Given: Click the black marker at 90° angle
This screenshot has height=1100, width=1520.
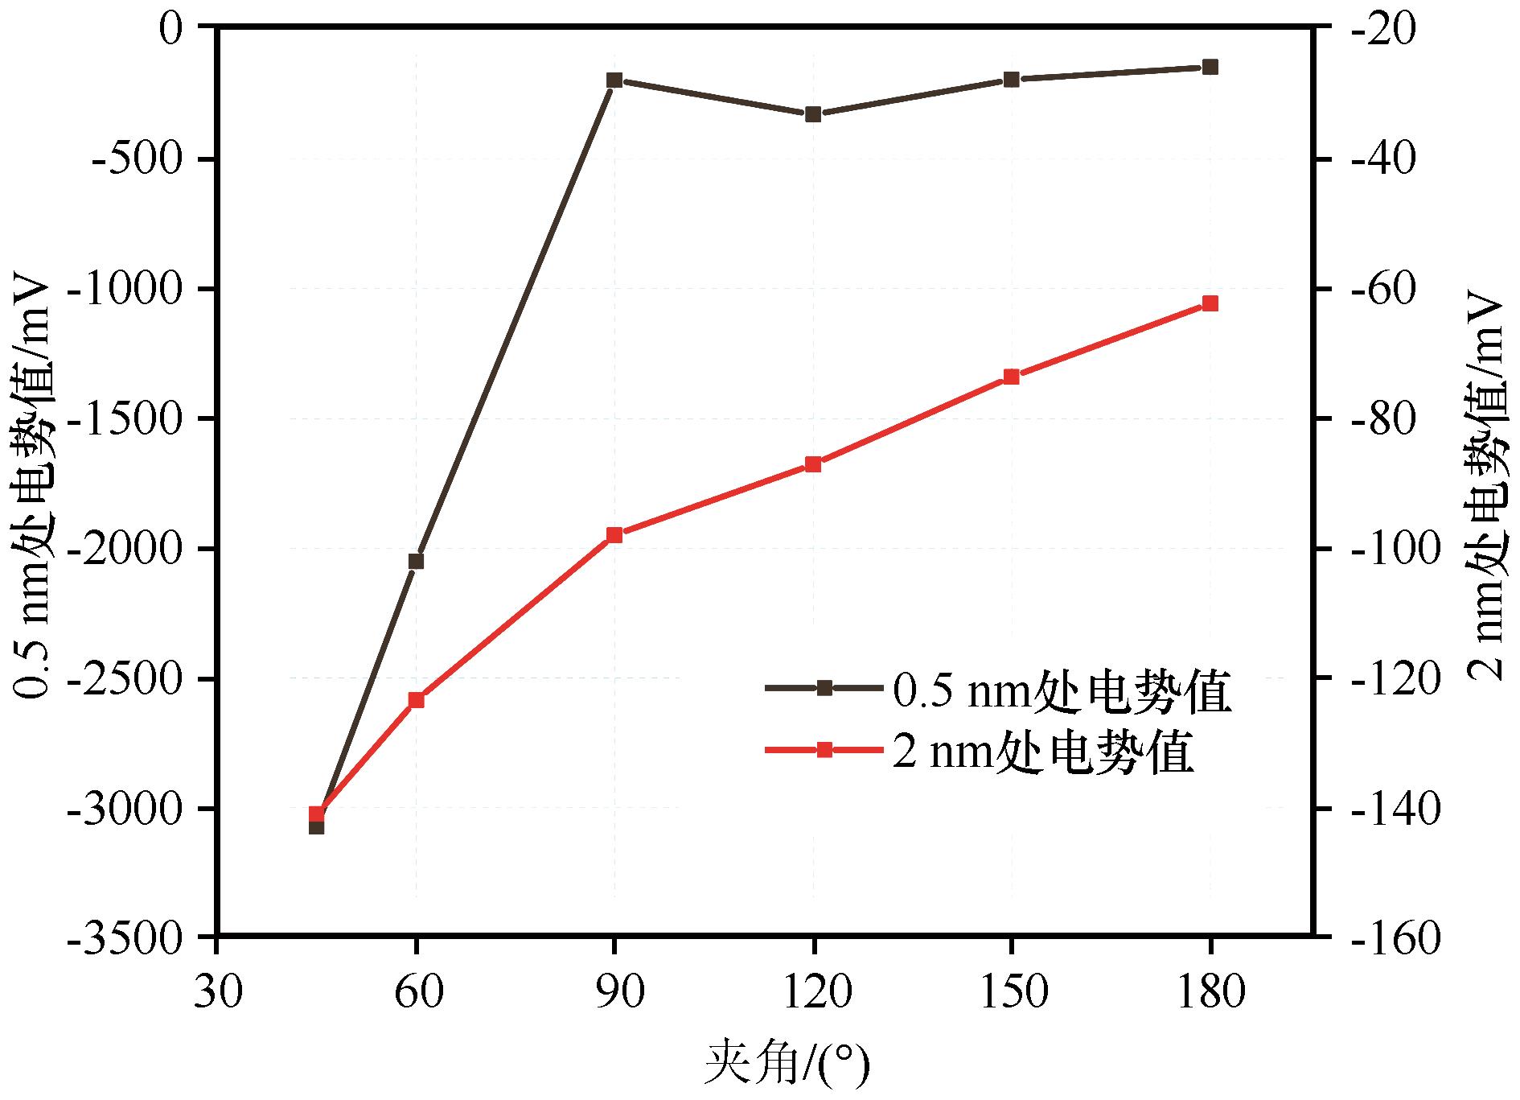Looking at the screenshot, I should tap(614, 80).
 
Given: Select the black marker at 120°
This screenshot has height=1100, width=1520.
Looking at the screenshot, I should tap(813, 114).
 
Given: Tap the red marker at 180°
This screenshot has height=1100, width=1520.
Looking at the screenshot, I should tap(1210, 303).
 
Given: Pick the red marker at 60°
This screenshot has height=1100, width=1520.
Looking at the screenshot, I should tap(416, 700).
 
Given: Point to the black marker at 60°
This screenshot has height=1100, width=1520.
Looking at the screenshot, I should tap(416, 561).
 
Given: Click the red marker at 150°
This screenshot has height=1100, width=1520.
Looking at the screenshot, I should tap(1012, 377).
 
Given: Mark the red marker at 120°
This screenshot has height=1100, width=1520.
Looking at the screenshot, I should tap(813, 464).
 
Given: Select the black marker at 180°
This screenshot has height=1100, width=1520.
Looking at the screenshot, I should tap(1210, 67).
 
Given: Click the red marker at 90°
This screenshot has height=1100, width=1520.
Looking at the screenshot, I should tap(614, 535).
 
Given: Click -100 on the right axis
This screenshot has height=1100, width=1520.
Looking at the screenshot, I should tap(1395, 549).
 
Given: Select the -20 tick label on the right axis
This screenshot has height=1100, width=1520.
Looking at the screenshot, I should tap(1386, 30).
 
